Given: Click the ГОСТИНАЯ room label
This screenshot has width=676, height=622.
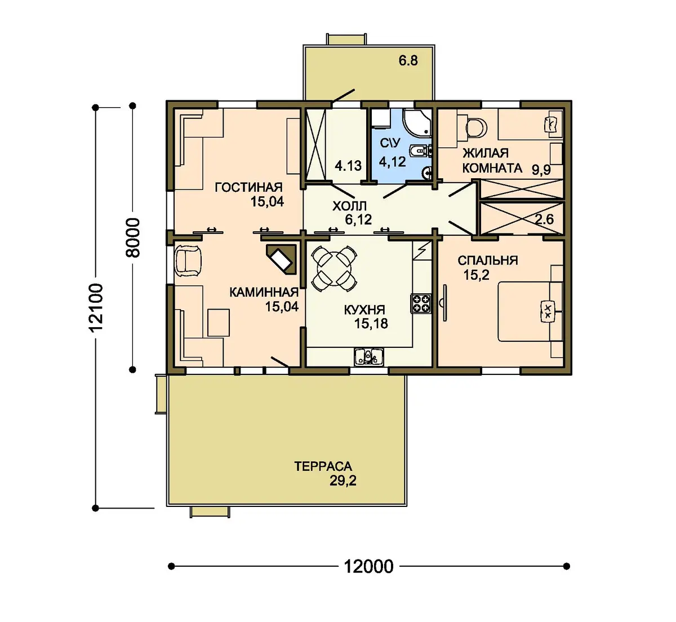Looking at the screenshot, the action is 248,187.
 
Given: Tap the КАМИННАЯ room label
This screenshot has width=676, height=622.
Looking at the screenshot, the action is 264,292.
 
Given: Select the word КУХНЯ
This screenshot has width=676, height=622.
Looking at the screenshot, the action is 364,310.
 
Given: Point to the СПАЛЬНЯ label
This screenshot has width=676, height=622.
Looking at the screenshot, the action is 488,260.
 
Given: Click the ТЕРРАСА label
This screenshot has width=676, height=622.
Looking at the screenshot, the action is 323,466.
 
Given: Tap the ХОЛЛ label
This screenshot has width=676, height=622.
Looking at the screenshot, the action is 349,205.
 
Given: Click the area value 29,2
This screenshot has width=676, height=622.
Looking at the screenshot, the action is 343,481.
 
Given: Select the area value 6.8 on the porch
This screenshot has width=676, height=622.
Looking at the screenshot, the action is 408,61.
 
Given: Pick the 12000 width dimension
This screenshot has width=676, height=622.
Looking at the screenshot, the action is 368,566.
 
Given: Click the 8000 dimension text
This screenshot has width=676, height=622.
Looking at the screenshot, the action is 133,237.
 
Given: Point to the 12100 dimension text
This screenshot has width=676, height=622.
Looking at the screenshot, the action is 96,308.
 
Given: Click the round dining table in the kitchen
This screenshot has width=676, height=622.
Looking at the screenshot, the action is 334,268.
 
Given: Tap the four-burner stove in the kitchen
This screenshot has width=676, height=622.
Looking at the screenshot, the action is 421,303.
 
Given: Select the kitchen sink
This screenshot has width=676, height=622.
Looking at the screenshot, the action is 368,357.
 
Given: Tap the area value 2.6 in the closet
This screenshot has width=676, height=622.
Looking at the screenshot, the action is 544,219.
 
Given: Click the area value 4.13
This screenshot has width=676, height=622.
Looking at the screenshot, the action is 348,165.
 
